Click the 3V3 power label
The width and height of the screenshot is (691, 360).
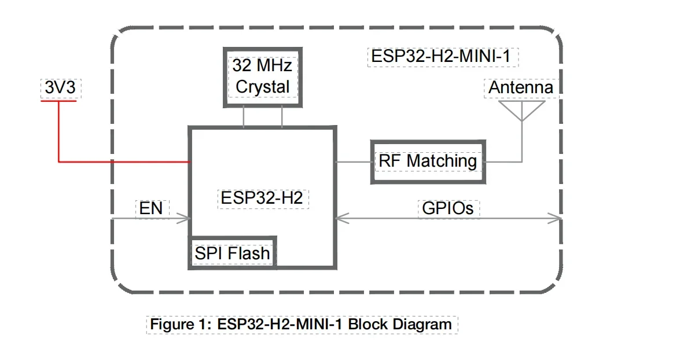pos(60,89)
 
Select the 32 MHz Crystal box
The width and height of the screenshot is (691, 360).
pos(262,76)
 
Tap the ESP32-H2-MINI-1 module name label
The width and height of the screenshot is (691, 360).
pos(443,57)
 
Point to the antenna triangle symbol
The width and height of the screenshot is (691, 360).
pos(522,111)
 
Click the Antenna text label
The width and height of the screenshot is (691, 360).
pos(521,88)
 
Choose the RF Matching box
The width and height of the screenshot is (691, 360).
pos(428,161)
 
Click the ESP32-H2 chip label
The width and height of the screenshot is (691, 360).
pos(262,198)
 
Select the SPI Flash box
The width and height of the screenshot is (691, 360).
pos(232,253)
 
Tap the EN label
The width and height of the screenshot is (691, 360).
pos(151,208)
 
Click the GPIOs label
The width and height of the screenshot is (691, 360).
pos(448,208)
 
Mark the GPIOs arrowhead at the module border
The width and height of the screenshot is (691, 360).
pos(556,218)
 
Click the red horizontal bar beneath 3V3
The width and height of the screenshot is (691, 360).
pos(58,101)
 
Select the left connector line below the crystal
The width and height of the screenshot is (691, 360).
pos(244,117)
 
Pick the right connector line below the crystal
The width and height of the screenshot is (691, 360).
pos(282,117)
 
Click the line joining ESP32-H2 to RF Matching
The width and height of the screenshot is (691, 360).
pos(354,162)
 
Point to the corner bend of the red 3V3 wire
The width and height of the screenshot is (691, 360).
pos(59,162)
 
